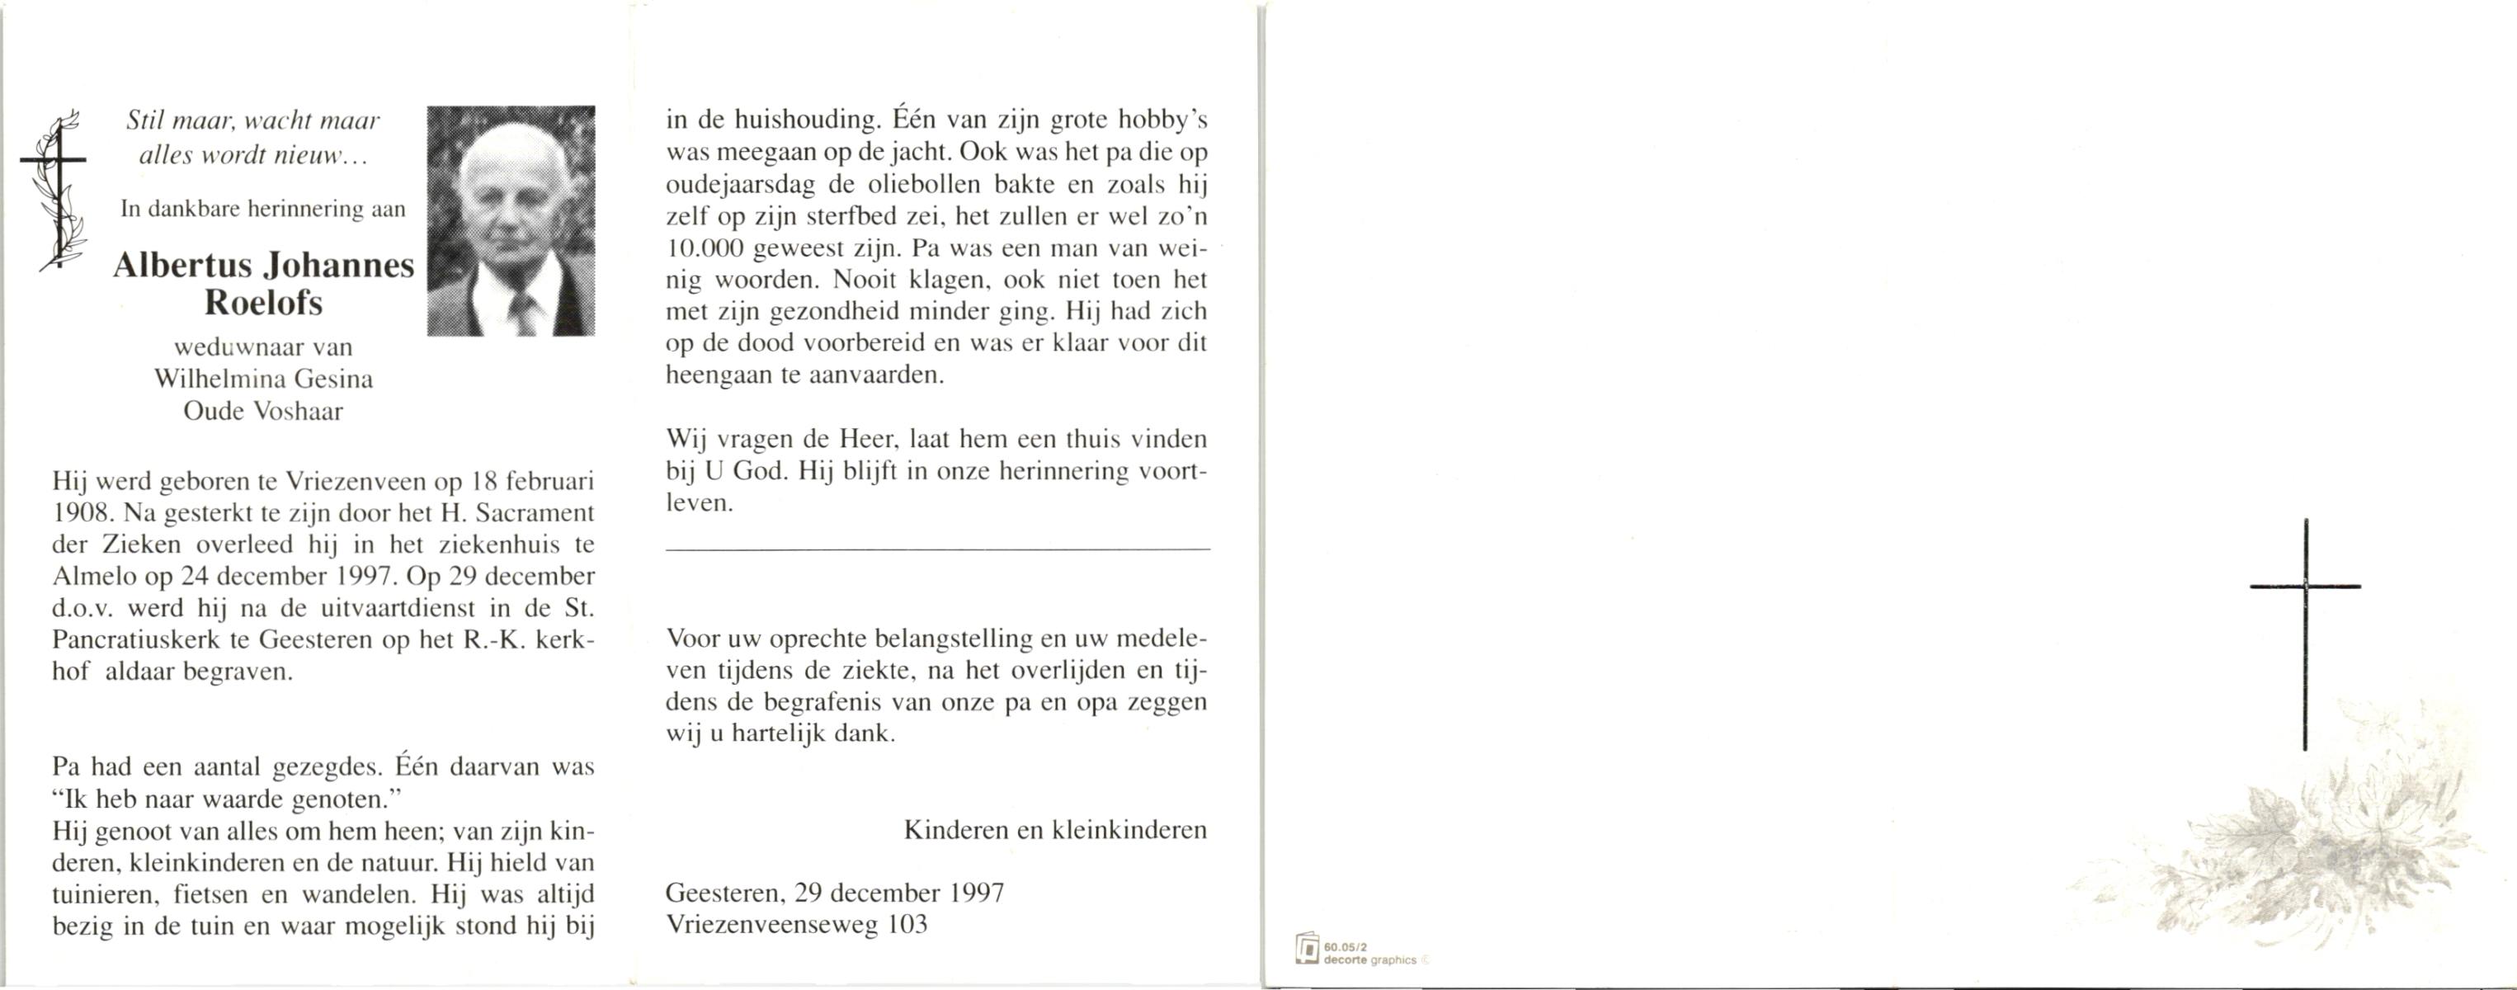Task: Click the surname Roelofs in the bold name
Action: tap(263, 303)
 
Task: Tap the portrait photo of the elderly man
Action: tap(511, 221)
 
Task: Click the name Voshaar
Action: tap(298, 412)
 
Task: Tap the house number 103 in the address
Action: tap(907, 925)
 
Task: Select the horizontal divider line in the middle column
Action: tap(937, 550)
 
